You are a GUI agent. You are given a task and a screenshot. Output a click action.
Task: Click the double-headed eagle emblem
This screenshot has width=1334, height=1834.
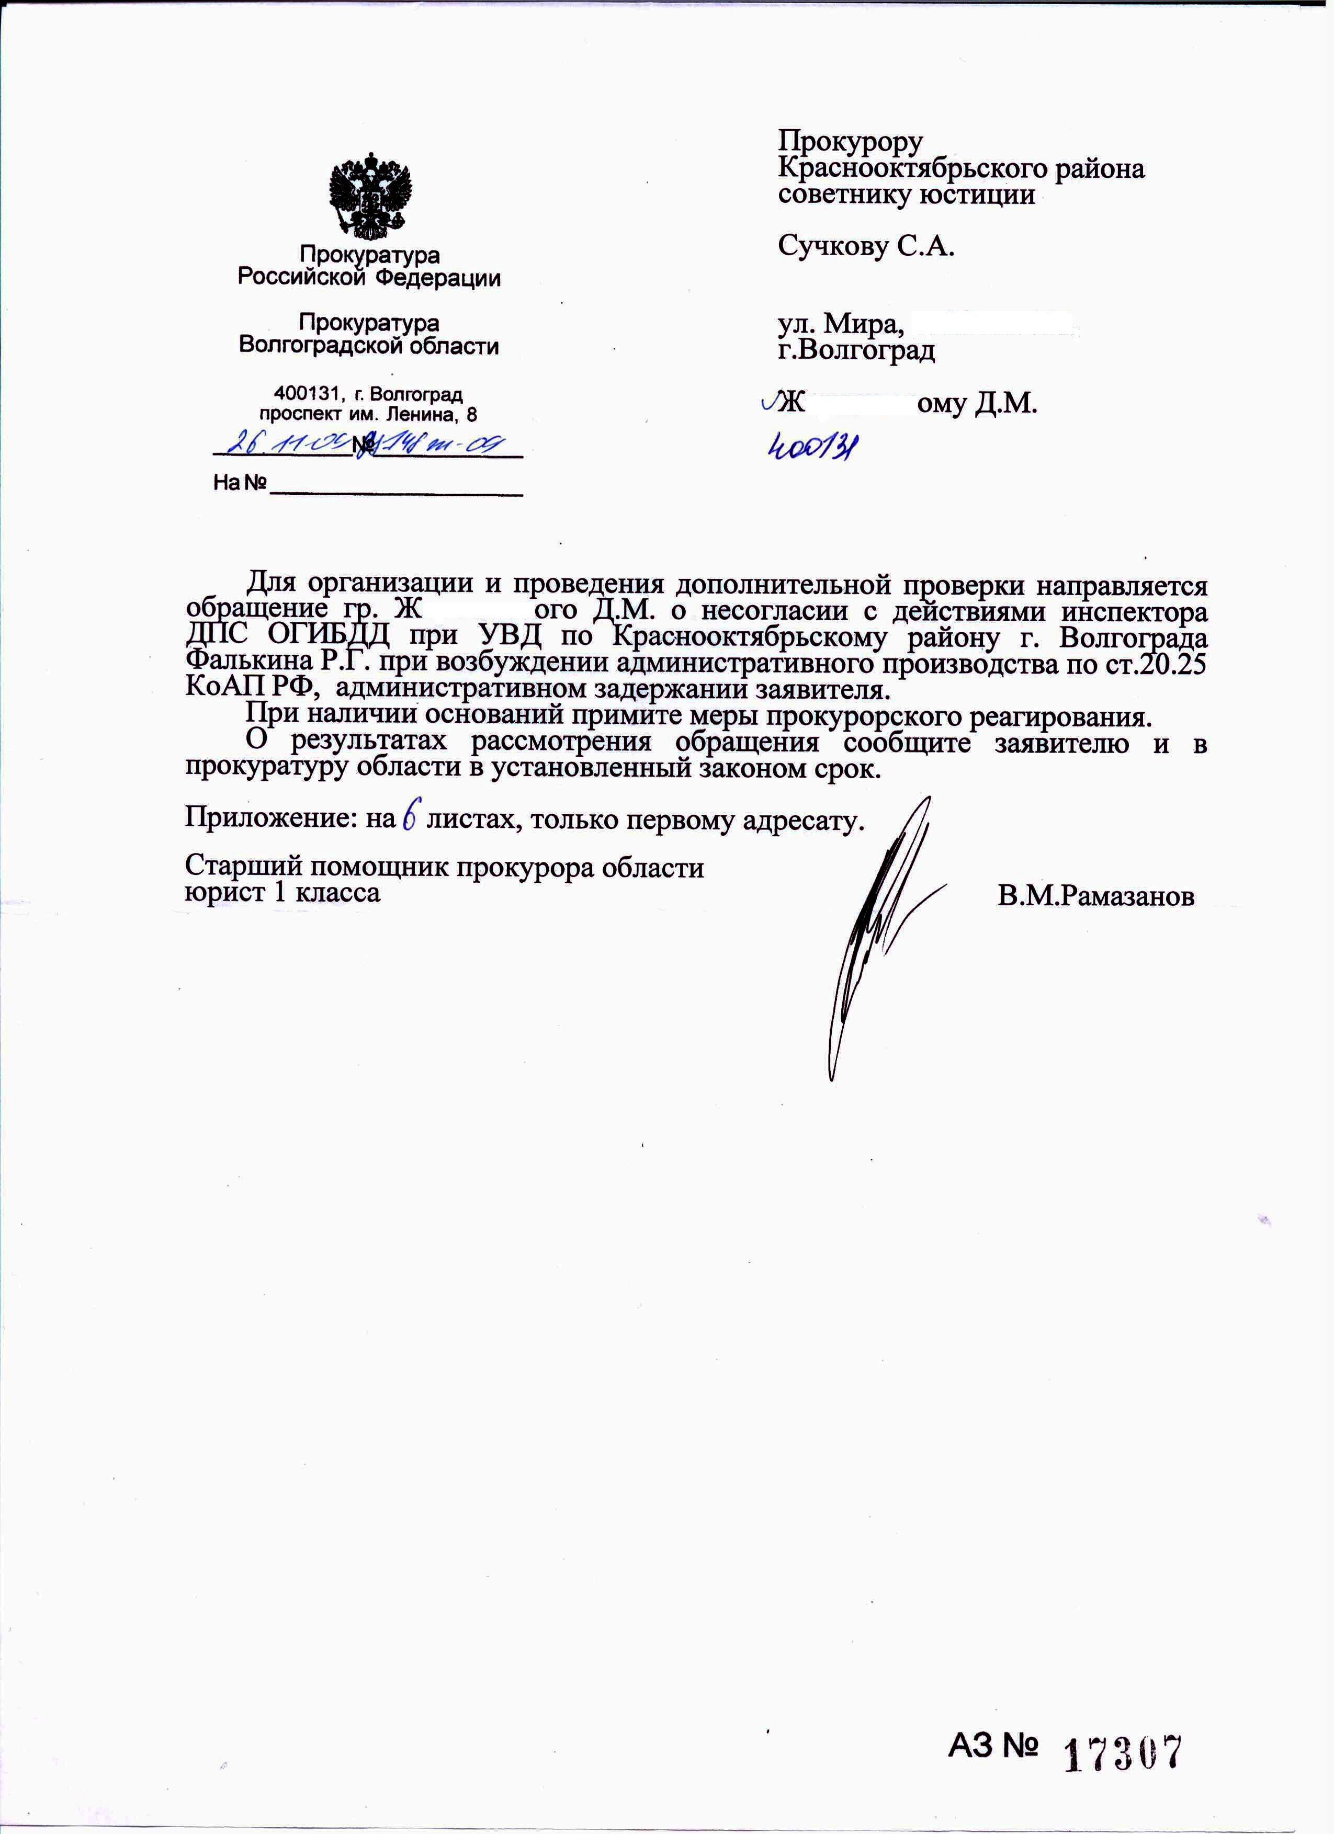(x=370, y=197)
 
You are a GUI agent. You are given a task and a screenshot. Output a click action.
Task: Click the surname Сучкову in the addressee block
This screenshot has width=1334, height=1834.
(x=832, y=246)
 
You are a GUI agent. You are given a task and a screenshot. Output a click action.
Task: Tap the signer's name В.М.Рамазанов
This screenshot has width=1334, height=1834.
(x=1095, y=895)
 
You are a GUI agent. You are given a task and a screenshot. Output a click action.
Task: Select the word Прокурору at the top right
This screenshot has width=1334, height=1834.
(x=850, y=142)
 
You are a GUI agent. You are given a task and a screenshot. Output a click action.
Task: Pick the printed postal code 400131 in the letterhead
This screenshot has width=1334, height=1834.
(x=307, y=395)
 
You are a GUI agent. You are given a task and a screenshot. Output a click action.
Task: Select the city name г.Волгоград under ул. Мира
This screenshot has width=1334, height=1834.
(x=856, y=350)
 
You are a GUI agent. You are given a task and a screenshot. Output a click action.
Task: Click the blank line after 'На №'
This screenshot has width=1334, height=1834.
(x=395, y=485)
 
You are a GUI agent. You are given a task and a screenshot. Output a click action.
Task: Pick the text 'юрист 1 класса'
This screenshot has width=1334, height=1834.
(x=282, y=893)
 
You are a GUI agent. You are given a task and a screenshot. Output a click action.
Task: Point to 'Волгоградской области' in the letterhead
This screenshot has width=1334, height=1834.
(x=369, y=346)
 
